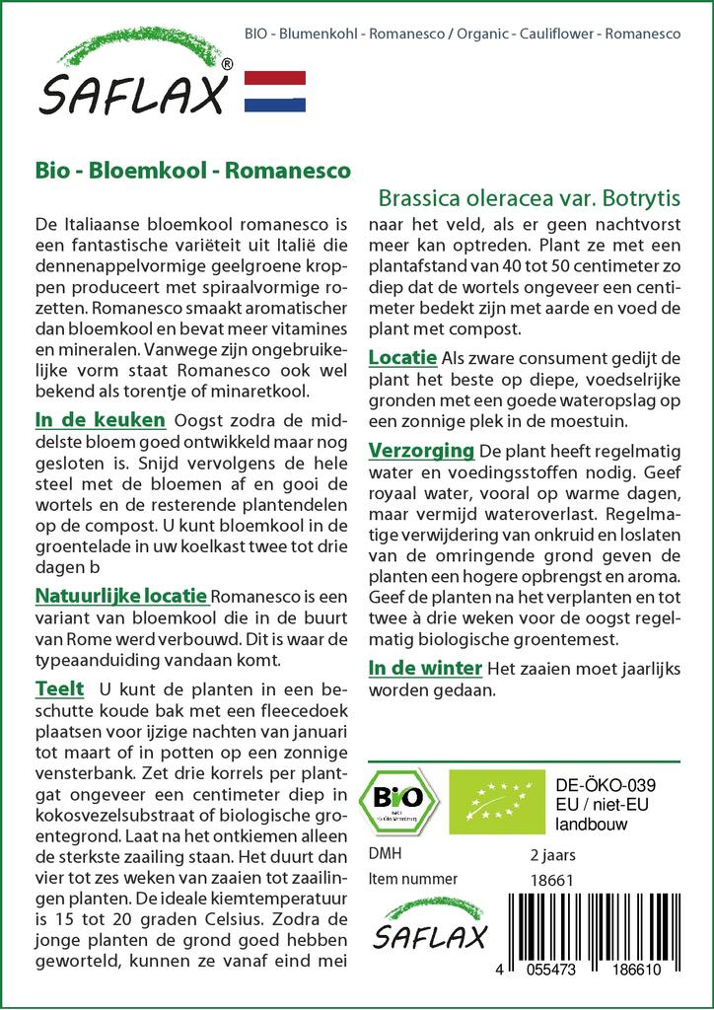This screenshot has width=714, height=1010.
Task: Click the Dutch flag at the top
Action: point(274,92)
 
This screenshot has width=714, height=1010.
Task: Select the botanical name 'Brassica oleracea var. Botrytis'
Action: point(531,196)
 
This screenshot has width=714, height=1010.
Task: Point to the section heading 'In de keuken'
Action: point(100,420)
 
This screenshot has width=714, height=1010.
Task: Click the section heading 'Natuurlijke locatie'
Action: point(120,596)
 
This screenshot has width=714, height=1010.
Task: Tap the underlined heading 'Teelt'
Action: point(59,687)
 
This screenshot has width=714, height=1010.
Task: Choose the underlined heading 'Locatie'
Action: point(402,357)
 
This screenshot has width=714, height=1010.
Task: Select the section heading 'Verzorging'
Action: point(421,451)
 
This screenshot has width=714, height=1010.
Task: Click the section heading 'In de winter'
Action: point(425,669)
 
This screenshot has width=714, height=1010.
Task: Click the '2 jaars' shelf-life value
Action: point(552,854)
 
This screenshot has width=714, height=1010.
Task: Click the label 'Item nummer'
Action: point(412,879)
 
